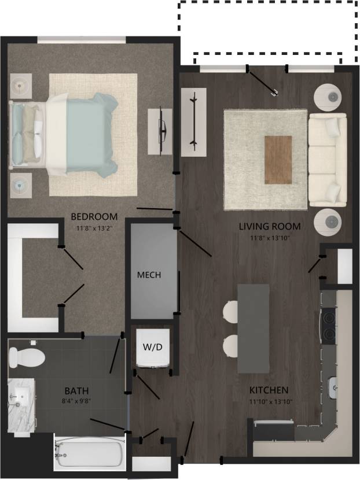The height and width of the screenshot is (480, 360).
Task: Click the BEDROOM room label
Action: click(94, 217)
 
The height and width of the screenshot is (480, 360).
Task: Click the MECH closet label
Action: click(149, 275)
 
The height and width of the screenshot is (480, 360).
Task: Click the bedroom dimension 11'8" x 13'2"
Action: click(94, 227)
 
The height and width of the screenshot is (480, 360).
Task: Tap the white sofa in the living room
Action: click(327, 160)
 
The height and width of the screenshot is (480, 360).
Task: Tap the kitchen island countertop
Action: click(254, 328)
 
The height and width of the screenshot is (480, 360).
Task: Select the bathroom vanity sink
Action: click(20, 397)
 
